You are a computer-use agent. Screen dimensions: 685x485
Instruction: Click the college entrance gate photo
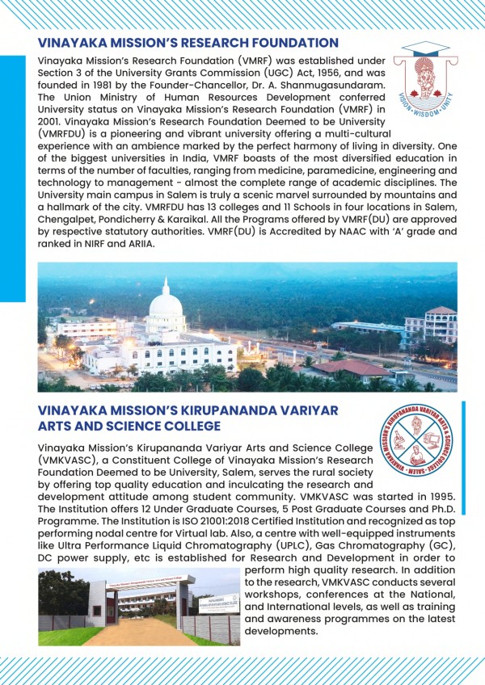coord(139,606)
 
